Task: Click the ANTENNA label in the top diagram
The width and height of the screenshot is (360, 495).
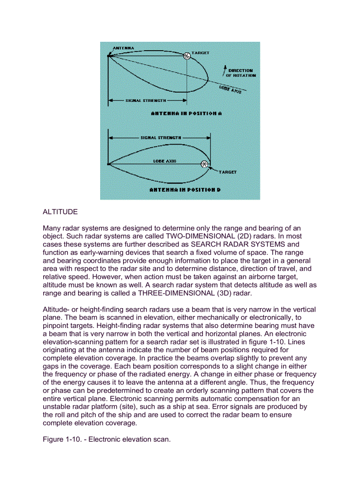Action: pyautogui.click(x=124, y=48)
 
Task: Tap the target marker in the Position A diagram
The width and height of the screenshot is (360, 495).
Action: pyautogui.click(x=187, y=56)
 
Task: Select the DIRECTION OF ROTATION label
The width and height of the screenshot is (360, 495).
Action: pyautogui.click(x=240, y=73)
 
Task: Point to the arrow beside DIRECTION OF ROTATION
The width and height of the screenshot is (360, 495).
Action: pyautogui.click(x=225, y=71)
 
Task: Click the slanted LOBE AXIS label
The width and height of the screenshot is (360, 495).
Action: pyautogui.click(x=230, y=89)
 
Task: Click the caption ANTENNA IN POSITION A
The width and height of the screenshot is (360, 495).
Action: pyautogui.click(x=186, y=113)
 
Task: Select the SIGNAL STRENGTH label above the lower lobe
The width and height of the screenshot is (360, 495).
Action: pyautogui.click(x=161, y=138)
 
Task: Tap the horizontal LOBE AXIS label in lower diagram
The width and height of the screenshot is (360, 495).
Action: pyautogui.click(x=165, y=161)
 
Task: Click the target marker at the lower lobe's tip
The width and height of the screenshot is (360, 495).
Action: pyautogui.click(x=204, y=164)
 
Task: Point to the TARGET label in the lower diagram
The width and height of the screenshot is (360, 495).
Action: pyautogui.click(x=228, y=172)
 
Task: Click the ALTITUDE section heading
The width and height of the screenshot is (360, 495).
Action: pyautogui.click(x=60, y=212)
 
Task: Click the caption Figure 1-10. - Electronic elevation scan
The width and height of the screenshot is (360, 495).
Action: pyautogui.click(x=106, y=439)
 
